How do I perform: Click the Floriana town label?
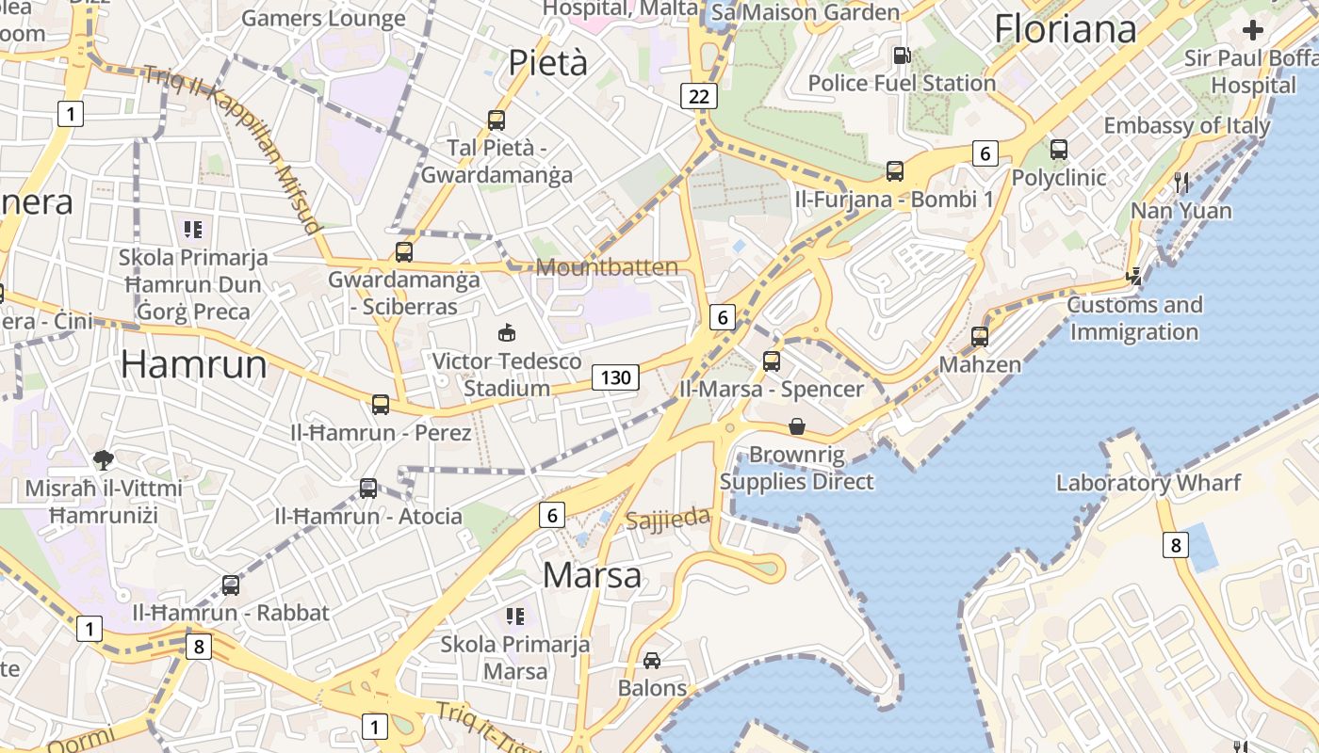1066,29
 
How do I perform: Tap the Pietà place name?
547,62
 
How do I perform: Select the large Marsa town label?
593,574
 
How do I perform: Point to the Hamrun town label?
194,364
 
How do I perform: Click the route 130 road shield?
615,377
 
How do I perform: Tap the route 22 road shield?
698,96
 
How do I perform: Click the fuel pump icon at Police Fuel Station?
902,56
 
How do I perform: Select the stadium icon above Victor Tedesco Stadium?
507,332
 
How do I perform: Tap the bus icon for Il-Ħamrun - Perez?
381,405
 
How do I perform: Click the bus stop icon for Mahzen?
980,336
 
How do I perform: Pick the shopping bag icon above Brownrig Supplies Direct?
797,427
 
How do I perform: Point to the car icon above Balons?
652,661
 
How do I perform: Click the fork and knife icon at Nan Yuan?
1181,182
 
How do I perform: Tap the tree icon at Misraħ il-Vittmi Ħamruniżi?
104,459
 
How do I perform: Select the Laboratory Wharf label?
1148,483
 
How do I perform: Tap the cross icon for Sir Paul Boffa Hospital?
1252,30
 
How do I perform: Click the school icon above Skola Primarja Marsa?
514,617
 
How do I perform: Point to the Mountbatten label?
607,267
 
